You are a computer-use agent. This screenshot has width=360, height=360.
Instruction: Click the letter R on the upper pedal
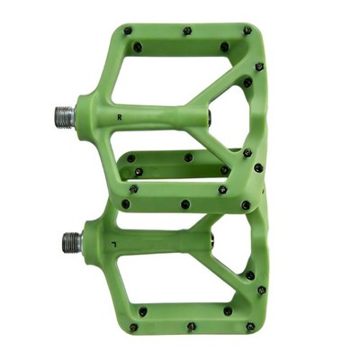pos(120,118)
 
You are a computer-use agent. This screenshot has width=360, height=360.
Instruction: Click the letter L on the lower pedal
pos(113,243)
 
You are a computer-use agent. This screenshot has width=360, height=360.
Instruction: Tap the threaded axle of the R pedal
pos(65,117)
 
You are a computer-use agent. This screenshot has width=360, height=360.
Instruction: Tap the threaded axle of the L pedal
pos(72,242)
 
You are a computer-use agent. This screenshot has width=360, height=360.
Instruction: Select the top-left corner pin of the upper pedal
pos(128,31)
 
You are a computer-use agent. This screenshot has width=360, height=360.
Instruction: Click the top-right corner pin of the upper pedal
pos(247,30)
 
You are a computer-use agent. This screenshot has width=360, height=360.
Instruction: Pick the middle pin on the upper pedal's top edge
pos(187,31)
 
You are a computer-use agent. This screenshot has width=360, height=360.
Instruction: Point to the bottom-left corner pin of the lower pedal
pos(134,328)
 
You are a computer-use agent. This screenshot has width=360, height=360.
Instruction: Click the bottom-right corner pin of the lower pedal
pos(250,327)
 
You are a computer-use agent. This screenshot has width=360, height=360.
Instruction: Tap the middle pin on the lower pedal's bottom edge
pos(192,327)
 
